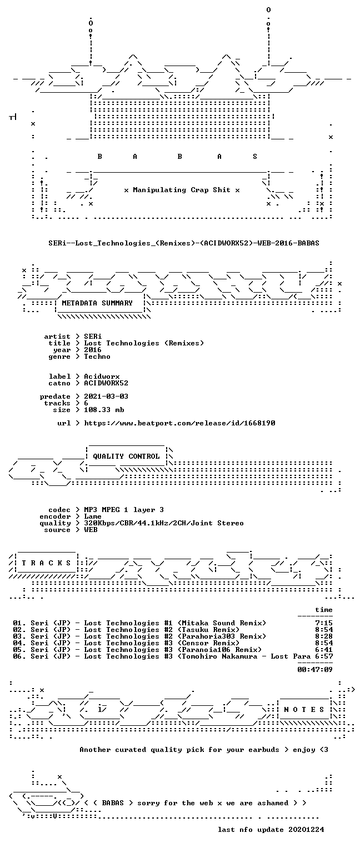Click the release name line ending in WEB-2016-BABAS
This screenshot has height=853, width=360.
(184, 243)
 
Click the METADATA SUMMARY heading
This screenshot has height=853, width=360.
(97, 303)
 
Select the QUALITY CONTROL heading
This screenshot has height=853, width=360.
(126, 456)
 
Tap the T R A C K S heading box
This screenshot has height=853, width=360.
(46, 563)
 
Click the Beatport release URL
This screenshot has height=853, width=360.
(179, 423)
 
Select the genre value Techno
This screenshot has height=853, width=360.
(97, 357)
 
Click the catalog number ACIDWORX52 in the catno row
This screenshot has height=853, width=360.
(106, 383)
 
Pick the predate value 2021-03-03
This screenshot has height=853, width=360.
(106, 397)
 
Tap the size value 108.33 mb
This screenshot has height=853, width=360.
(104, 410)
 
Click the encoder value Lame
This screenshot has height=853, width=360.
(93, 516)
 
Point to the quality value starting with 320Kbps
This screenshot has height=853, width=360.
(164, 523)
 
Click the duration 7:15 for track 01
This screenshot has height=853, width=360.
(324, 623)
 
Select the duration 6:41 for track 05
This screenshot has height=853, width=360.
(324, 650)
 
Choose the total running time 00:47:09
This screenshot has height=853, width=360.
(314, 669)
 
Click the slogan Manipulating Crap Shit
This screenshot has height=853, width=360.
(182, 189)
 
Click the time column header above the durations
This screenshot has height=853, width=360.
(324, 610)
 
